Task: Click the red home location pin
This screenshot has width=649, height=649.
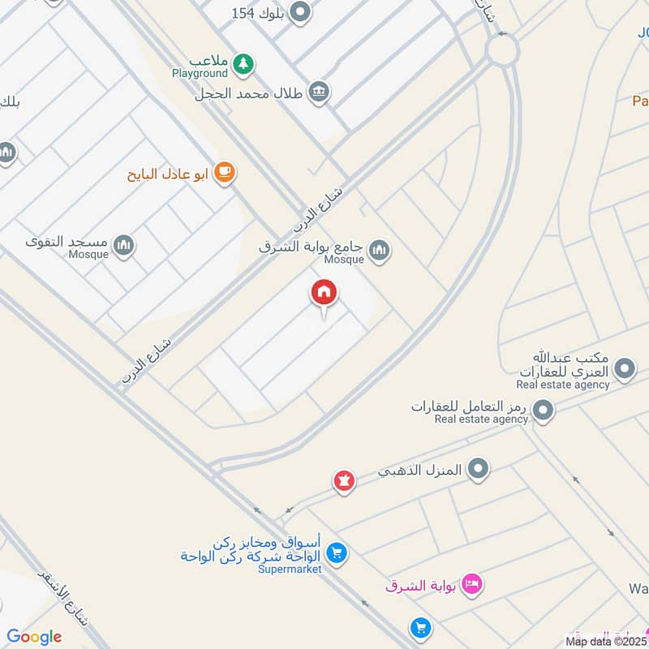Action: click(x=324, y=294)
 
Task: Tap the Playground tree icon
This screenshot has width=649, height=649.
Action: click(x=243, y=62)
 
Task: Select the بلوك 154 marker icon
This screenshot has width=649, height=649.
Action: click(x=301, y=12)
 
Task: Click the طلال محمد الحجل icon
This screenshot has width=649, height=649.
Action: click(x=319, y=92)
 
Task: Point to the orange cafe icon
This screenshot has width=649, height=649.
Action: click(x=225, y=173)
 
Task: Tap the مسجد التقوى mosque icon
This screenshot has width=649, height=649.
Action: click(x=123, y=244)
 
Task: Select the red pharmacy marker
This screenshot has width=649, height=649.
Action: click(x=345, y=481)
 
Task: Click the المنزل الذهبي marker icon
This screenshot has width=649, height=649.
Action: click(x=479, y=468)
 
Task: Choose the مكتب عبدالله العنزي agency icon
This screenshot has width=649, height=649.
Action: click(x=625, y=370)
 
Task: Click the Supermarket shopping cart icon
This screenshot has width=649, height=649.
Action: click(x=337, y=554)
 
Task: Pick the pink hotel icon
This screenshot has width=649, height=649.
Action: click(x=472, y=583)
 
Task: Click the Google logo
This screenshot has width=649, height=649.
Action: click(x=34, y=637)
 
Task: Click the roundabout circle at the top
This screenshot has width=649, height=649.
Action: click(x=502, y=51)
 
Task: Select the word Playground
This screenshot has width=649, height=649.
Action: click(x=200, y=74)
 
